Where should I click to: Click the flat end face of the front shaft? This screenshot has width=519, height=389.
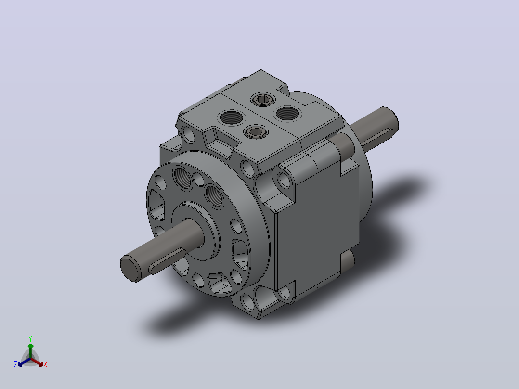pyautogui.click(x=130, y=269)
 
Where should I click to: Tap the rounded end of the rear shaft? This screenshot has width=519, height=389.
pyautogui.click(x=390, y=118)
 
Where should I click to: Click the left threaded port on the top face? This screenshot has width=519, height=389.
pyautogui.click(x=232, y=117)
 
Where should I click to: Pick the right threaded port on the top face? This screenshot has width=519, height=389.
pyautogui.click(x=287, y=114)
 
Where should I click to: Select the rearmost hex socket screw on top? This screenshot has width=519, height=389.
pyautogui.click(x=263, y=99)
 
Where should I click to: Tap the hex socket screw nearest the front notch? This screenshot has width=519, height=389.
pyautogui.click(x=256, y=132)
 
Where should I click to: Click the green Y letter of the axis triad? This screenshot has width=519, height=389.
pyautogui.click(x=30, y=338)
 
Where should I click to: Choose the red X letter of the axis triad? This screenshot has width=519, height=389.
pyautogui.click(x=45, y=364)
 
